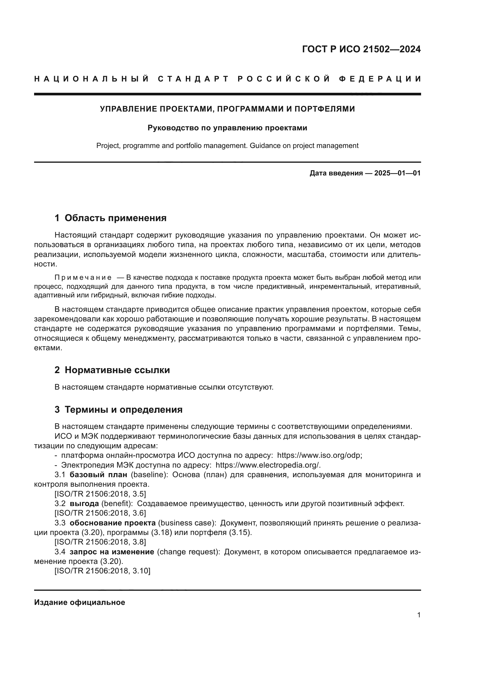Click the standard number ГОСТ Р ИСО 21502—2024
click(361, 49)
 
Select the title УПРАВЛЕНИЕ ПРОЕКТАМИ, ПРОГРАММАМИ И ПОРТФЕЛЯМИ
click(227, 109)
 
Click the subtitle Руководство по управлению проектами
click(227, 128)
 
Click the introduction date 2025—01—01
click(397, 173)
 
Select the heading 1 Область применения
click(110, 218)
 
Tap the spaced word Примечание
click(83, 277)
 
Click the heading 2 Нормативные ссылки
click(112, 370)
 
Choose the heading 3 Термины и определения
click(118, 410)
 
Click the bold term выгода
click(84, 503)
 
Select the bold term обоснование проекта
click(112, 523)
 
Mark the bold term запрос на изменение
click(112, 552)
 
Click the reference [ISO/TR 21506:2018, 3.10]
click(102, 571)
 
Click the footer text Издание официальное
click(79, 602)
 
